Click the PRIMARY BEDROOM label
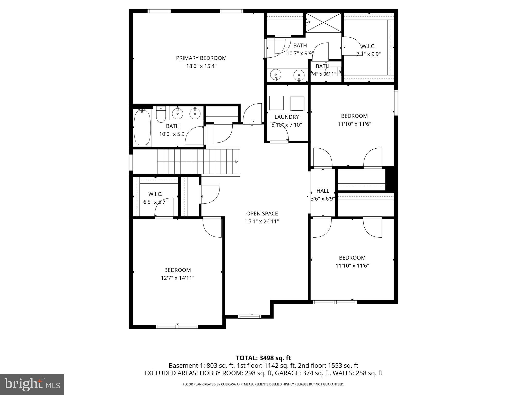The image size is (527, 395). click(x=201, y=58)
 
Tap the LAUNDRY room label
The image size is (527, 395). click(x=286, y=117)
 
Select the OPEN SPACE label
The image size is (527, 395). click(x=262, y=213)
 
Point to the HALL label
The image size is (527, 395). click(x=323, y=191)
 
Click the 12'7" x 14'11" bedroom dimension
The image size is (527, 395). click(x=177, y=278)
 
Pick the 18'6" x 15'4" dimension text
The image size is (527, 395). click(x=201, y=66)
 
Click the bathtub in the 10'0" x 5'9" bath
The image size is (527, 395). click(x=142, y=127)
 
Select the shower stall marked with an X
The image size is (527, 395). click(x=323, y=23)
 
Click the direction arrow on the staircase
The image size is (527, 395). click(x=236, y=161)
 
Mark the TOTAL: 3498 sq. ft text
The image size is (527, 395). click(x=263, y=358)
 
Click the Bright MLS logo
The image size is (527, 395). click(x=32, y=384)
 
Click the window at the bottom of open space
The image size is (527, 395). click(x=249, y=317)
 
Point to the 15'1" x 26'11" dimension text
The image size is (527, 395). click(x=262, y=221)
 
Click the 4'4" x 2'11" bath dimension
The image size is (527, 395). click(x=323, y=74)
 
